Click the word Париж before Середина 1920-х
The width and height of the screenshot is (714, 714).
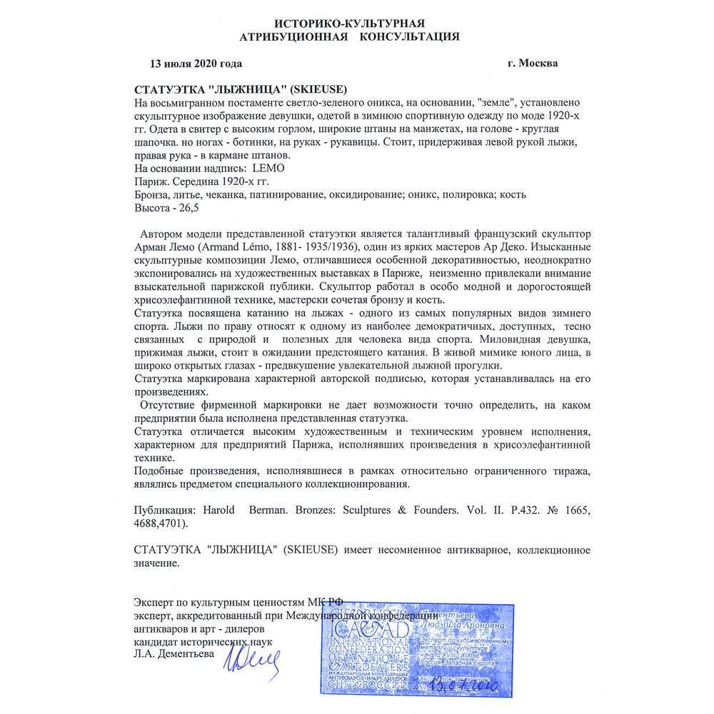tap(150, 181)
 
